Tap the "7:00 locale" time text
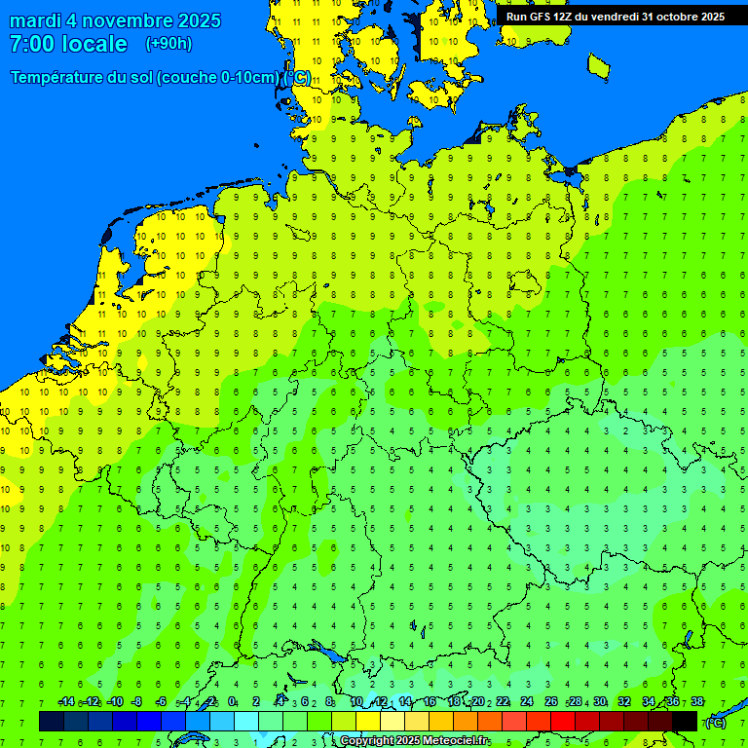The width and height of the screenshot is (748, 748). [68, 44]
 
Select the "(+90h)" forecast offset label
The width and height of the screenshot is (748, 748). [168, 44]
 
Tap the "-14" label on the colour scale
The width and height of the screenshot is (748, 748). [66, 702]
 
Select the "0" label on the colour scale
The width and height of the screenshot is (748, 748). [232, 702]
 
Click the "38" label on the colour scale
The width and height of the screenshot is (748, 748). [696, 702]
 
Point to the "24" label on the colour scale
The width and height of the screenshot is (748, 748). [527, 702]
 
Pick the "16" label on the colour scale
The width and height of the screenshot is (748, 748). [430, 702]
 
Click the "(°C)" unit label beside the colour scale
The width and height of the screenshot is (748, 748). [716, 722]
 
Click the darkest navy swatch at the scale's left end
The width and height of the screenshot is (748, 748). [52, 721]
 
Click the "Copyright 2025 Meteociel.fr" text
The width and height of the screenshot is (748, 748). [414, 741]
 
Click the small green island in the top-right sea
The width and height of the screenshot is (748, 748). [598, 65]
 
